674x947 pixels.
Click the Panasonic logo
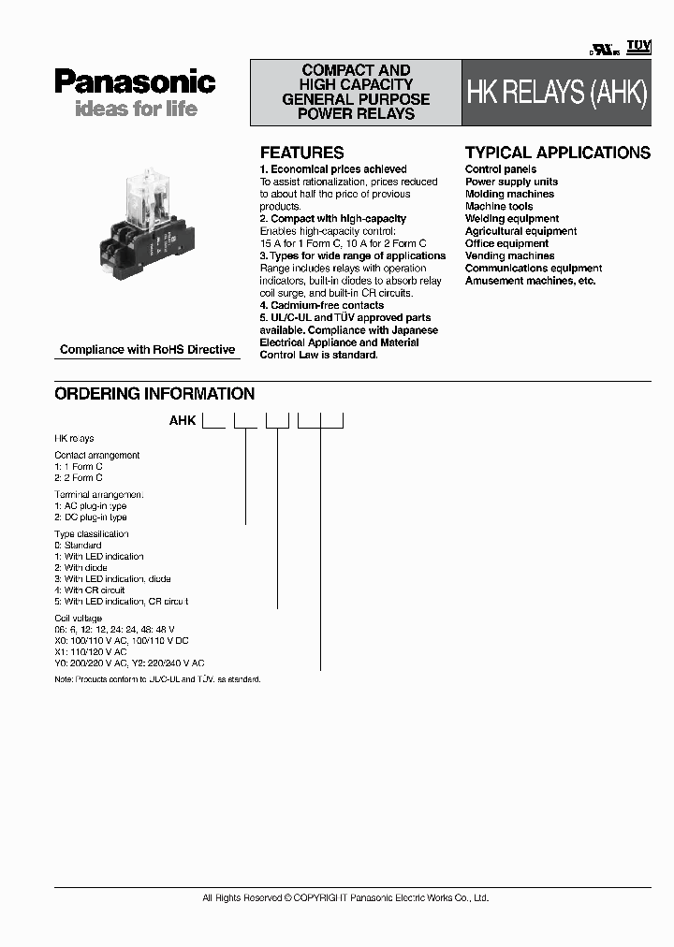[x=135, y=81]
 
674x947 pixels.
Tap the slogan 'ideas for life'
[x=136, y=109]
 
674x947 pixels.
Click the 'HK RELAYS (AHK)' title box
[x=556, y=94]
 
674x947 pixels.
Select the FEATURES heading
[x=301, y=153]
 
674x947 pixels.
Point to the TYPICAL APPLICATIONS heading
[x=557, y=153]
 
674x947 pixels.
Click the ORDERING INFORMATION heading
[x=154, y=394]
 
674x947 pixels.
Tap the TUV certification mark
[x=637, y=46]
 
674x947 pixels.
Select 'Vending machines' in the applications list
[x=509, y=255]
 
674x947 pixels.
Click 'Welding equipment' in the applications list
[x=512, y=219]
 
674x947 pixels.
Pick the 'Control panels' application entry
[x=501, y=169]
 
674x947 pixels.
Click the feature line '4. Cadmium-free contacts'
[x=321, y=305]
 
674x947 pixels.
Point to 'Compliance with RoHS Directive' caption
[x=147, y=350]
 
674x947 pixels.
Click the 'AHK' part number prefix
[x=182, y=421]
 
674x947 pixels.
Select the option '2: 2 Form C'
[x=79, y=477]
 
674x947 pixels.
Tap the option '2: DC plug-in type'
[x=91, y=517]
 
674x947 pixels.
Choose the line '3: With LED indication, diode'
[x=112, y=579]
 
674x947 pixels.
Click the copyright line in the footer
[x=345, y=898]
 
